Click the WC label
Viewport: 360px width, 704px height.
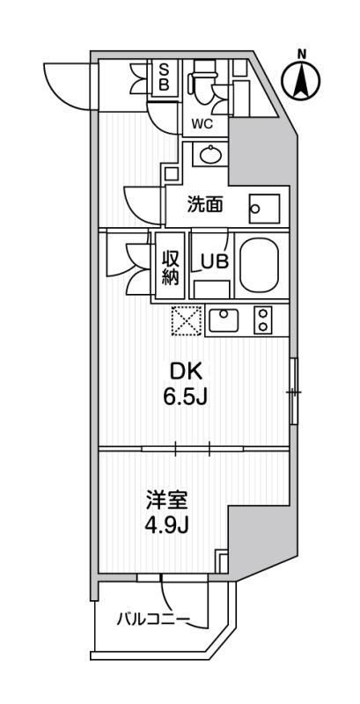pos(203,124)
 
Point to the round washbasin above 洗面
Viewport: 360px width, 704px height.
pos(211,156)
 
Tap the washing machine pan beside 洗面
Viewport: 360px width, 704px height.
pos(263,208)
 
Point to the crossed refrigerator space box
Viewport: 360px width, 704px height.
pos(187,320)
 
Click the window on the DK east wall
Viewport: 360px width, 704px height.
pos(294,391)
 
